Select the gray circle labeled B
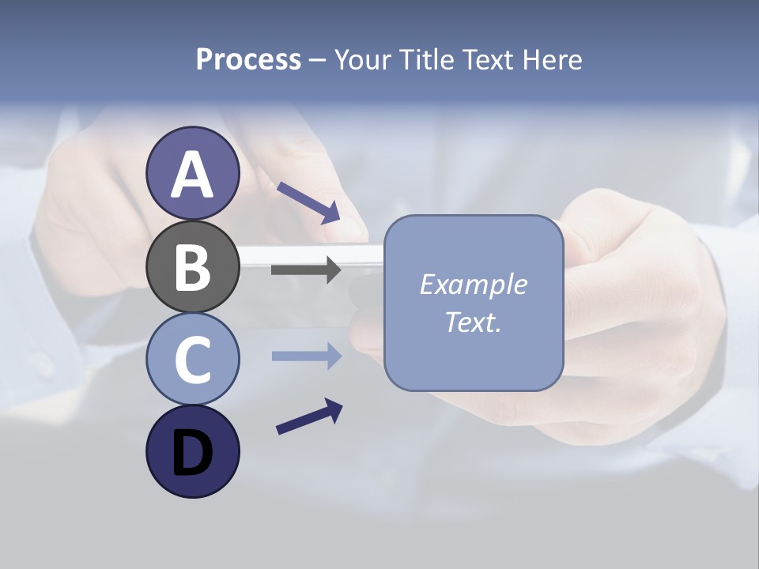coord(193,266)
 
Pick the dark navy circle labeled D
coord(193,451)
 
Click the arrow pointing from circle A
coord(309,202)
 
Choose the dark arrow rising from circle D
coord(309,416)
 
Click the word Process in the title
coord(248,60)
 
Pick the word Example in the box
coord(473,284)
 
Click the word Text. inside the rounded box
coord(473,322)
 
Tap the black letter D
coord(193,454)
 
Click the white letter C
coord(193,360)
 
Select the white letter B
coord(193,268)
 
